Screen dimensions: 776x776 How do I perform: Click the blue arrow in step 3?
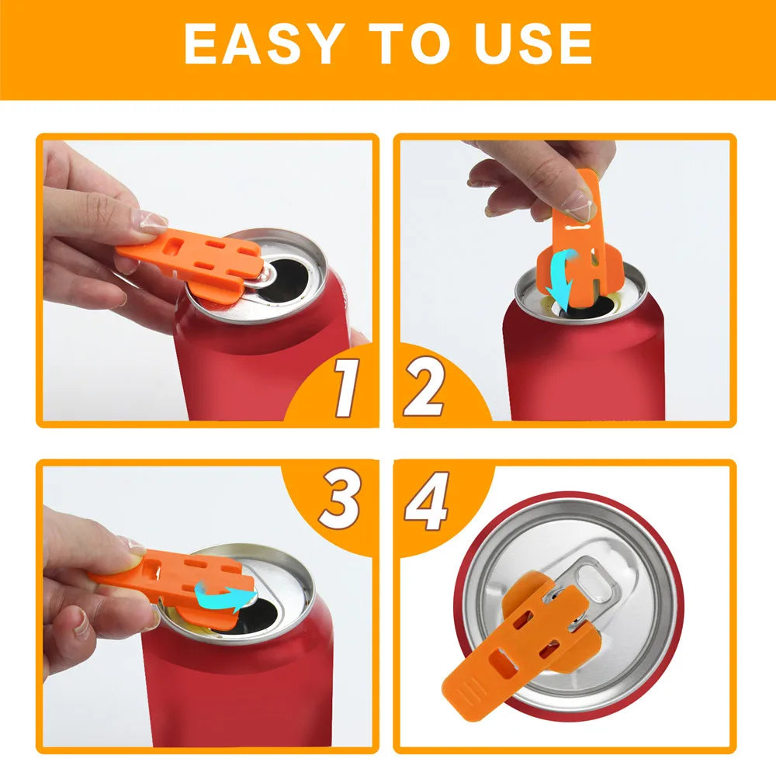(x=226, y=596)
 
